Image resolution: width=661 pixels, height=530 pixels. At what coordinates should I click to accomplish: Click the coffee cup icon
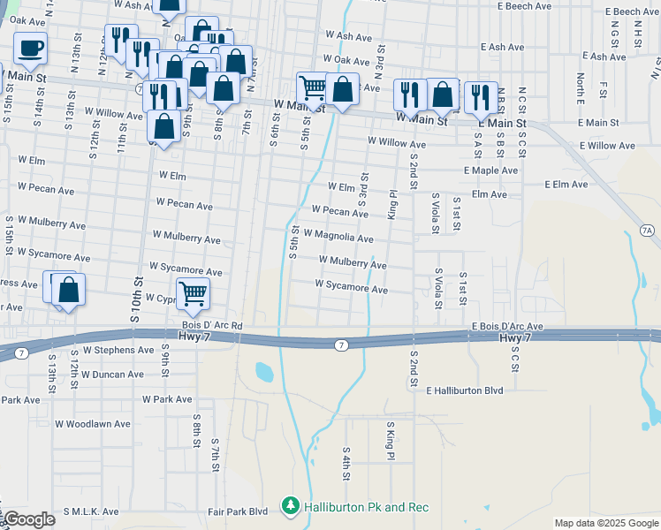[x=31, y=49]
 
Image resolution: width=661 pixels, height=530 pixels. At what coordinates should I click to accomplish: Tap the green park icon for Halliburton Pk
[x=290, y=506]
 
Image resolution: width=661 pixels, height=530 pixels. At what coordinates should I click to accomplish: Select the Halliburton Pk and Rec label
[x=366, y=507]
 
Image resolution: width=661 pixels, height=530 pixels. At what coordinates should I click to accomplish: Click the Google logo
[x=29, y=519]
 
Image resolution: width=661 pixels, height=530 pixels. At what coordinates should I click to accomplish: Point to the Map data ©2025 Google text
[x=607, y=523]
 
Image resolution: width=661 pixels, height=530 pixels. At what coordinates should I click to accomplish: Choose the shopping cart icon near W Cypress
[x=193, y=294]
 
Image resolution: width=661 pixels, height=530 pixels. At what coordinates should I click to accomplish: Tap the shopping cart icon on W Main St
[x=312, y=87]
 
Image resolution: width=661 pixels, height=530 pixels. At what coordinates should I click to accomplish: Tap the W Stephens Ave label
[x=118, y=350]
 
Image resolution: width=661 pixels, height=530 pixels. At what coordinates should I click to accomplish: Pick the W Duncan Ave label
[x=111, y=375]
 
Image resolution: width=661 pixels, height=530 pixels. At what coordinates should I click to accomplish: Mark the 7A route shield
[x=648, y=231]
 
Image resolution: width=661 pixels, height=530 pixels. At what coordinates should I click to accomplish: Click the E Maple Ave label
[x=490, y=170]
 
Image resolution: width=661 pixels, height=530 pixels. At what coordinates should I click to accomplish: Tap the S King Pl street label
[x=389, y=440]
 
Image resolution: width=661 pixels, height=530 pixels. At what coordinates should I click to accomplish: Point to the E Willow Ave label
[x=607, y=145]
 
